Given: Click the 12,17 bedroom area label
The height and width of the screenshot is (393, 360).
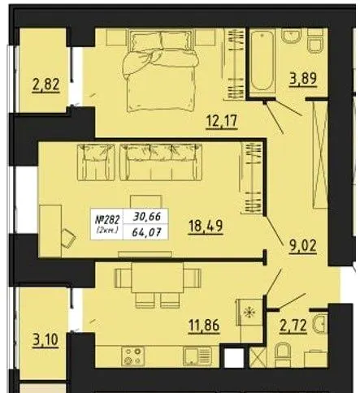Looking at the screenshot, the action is tap(222, 121).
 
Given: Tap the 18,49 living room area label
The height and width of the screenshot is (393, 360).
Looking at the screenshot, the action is tap(206, 226).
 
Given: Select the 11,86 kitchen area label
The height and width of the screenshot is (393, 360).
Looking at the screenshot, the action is tap(204, 325).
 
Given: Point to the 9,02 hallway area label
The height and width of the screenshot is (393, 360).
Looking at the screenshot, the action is tap(302, 246).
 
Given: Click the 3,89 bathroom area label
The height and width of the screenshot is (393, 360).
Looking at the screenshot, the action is tap(302, 79).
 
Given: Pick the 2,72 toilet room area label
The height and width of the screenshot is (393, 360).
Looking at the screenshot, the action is tap(293, 325).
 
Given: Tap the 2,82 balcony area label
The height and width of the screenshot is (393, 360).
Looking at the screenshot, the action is tap(46, 84).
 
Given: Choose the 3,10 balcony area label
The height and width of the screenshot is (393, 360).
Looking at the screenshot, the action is tap(45, 339).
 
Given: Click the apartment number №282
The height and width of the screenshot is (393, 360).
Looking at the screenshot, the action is tap(107, 220).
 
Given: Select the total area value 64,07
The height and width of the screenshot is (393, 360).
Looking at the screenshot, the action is tap(146, 232).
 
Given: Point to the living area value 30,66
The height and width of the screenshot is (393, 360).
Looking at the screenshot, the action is tap(147, 217).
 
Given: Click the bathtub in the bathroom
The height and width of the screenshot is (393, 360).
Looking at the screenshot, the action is tap(262, 62).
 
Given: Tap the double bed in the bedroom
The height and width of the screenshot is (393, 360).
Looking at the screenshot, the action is tap(161, 71).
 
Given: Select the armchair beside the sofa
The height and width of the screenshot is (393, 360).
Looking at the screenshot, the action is tap(96, 162).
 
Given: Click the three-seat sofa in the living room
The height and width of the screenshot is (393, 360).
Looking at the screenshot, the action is tap(161, 162).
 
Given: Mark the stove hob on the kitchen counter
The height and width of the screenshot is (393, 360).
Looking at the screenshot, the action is tap(132, 356).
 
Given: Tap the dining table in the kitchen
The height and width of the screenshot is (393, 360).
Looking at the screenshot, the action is tap(158, 278).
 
